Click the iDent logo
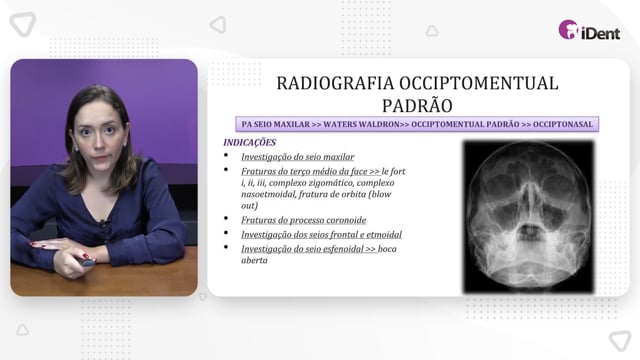pos(589,30)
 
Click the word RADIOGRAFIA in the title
pos(336,83)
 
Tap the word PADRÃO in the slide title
pos(417,106)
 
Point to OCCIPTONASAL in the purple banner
pos(563,124)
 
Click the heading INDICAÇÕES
pos(250,142)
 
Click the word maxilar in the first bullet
pos(338,157)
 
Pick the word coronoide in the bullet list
pos(346,220)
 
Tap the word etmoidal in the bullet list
pos(384,234)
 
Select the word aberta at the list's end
pos(254,260)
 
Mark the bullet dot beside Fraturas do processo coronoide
pos(226,218)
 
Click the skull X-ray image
pos(529,217)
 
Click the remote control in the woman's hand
pos(87,262)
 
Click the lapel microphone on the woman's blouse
pos(101,222)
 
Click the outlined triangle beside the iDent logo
pos(432,31)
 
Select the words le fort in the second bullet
pos(393,171)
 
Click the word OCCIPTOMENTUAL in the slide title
pos(479,83)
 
